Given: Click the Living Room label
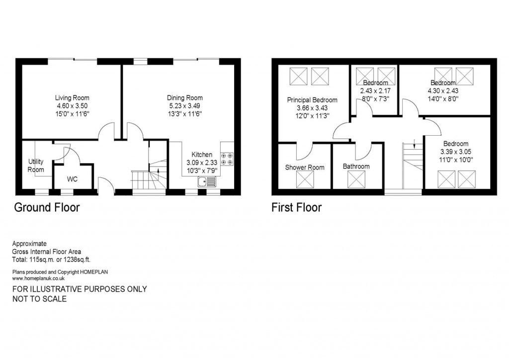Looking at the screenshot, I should (x=72, y=98).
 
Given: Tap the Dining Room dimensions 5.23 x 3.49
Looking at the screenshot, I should (x=185, y=106).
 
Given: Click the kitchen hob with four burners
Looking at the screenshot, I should (x=227, y=159).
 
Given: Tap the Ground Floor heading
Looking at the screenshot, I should (x=46, y=207).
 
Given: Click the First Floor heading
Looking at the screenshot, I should (x=296, y=207).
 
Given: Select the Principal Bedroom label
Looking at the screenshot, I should (x=312, y=100).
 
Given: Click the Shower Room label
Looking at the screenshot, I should (x=305, y=168).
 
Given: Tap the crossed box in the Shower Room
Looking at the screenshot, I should (x=305, y=180).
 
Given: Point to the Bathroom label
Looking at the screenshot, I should (x=356, y=167).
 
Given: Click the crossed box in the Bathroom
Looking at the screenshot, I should (x=357, y=179).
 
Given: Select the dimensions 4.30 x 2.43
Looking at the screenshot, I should (x=443, y=91).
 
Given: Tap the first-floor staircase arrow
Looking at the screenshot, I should (x=414, y=146).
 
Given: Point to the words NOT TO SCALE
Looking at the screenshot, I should (x=39, y=299).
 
